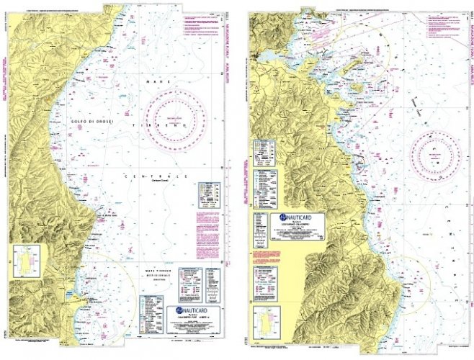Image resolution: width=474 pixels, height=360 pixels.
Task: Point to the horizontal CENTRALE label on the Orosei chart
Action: [152, 176]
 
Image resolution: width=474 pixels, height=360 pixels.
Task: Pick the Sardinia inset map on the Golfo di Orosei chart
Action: [27, 261]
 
